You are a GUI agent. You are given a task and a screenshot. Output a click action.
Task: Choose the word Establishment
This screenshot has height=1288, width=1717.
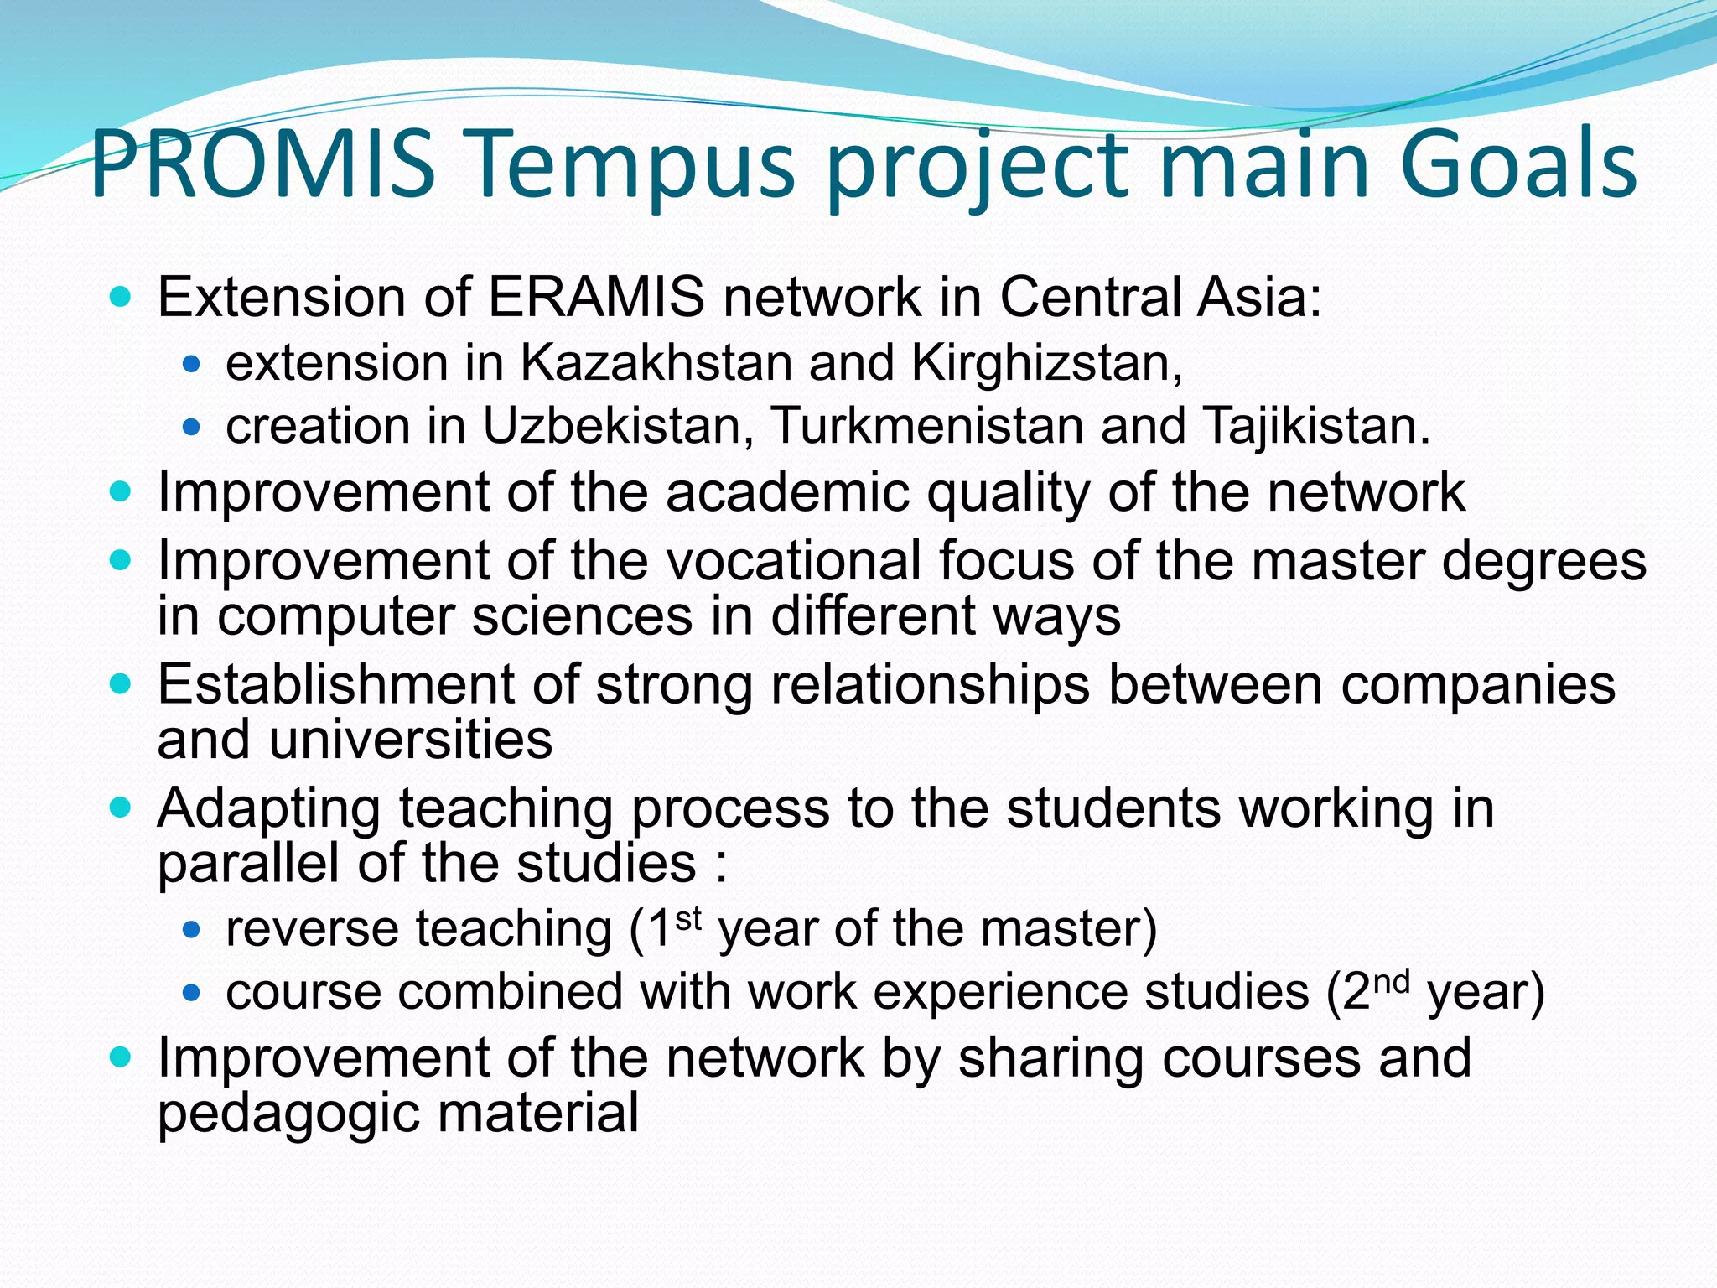(335, 684)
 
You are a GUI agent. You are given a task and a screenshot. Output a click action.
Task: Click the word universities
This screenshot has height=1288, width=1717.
(411, 740)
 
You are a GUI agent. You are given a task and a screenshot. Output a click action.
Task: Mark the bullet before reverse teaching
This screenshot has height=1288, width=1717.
(192, 929)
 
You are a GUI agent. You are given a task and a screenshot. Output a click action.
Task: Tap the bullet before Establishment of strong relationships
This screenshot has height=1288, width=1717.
(122, 684)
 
